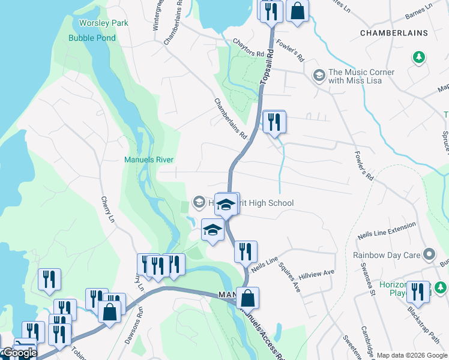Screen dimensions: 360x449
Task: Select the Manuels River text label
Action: click(148, 160)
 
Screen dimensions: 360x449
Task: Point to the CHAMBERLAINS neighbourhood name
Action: click(393, 32)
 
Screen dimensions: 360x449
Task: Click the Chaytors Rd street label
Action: click(249, 53)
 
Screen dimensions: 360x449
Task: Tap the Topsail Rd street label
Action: click(267, 66)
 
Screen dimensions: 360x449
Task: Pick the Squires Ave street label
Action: click(289, 274)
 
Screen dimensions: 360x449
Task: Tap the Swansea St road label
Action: click(367, 285)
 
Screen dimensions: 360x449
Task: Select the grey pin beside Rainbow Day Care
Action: click(429, 255)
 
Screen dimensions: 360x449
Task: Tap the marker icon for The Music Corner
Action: click(319, 75)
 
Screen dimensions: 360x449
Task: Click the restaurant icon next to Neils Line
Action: click(246, 251)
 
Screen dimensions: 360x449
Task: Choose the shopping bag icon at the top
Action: click(297, 10)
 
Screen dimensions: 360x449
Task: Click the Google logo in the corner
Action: click(19, 353)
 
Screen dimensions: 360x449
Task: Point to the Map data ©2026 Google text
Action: click(411, 355)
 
